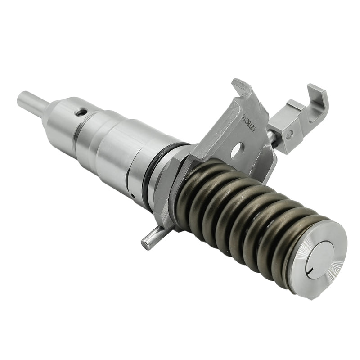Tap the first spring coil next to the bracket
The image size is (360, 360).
click(191, 189)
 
